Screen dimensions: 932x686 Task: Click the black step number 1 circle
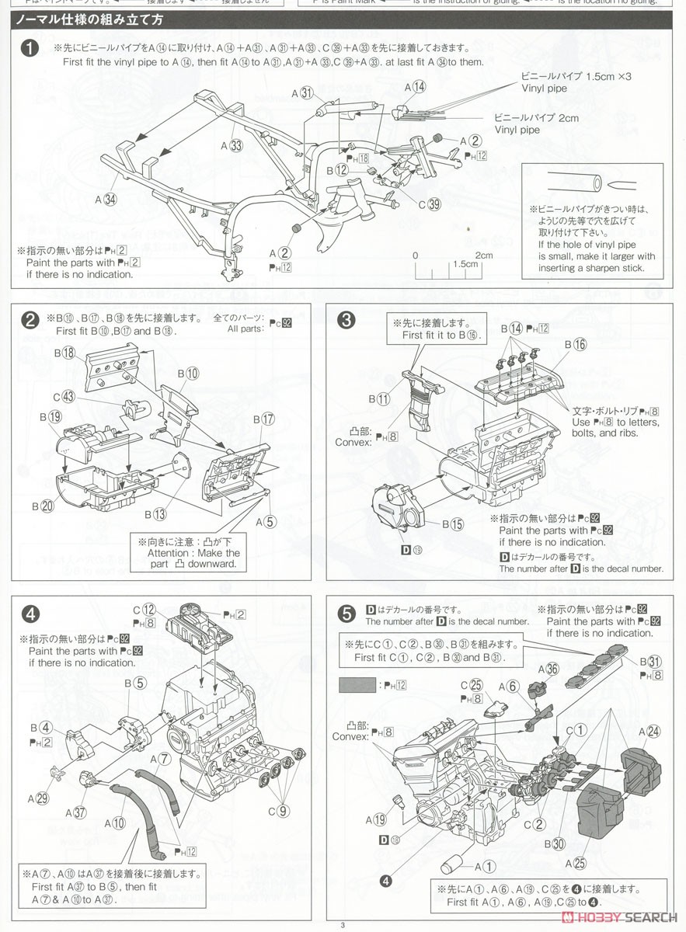click(29, 48)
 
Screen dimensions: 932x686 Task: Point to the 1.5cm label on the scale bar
click(465, 263)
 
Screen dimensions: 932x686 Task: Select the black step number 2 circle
click(29, 319)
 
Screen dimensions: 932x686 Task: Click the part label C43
click(64, 397)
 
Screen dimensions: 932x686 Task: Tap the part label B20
click(43, 506)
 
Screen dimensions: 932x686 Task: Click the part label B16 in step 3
click(576, 344)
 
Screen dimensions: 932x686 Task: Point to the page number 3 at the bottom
click(342, 923)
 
